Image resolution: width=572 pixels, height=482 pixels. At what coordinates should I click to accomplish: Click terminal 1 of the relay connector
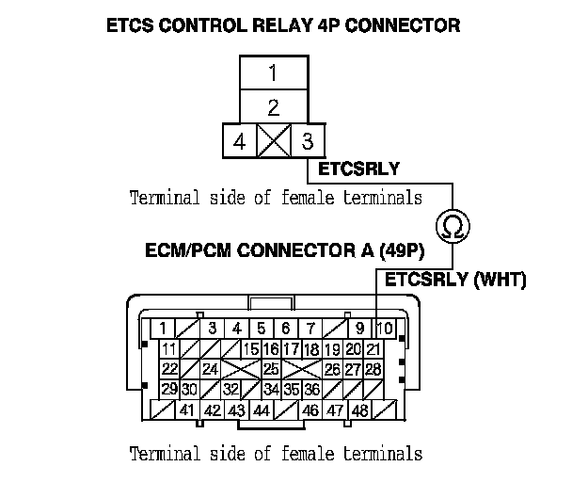[x=274, y=72]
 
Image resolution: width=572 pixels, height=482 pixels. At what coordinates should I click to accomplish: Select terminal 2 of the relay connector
[x=274, y=106]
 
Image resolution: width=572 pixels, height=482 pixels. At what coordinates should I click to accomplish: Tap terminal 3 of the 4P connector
[x=306, y=143]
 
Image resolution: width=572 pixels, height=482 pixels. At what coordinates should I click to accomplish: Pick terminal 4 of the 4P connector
[x=240, y=143]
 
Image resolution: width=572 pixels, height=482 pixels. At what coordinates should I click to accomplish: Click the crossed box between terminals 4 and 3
[x=274, y=143]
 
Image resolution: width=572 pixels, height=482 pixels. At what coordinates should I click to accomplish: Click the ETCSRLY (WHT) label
[x=455, y=280]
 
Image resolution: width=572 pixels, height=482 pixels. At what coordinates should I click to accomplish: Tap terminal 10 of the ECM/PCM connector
[x=384, y=329]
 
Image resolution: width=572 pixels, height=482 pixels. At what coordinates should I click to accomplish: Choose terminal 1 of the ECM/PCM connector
[x=165, y=329]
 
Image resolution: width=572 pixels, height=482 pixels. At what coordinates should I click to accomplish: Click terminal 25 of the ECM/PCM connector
[x=270, y=369]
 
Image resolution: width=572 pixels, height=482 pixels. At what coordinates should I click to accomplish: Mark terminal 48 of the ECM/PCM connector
[x=358, y=410]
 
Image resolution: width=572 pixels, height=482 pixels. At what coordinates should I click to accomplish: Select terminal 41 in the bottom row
[x=187, y=410]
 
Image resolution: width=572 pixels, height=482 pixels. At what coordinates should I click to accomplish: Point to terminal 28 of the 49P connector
[x=373, y=369]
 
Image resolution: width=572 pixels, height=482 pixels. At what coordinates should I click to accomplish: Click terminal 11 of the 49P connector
[x=169, y=349]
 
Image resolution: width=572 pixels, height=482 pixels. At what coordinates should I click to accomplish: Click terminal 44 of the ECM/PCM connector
[x=261, y=410]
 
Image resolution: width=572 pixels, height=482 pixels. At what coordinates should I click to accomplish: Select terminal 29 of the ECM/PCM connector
[x=169, y=389]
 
